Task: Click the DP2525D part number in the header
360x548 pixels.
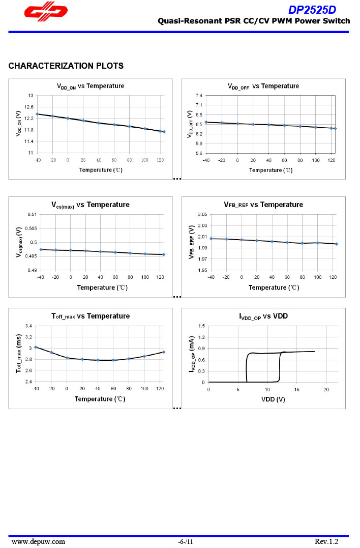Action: point(312,10)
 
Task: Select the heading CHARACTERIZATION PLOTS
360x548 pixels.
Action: point(66,66)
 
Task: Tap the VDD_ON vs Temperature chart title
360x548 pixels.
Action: point(90,86)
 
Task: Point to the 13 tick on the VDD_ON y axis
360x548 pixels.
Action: point(31,96)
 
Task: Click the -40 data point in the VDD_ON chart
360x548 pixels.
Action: point(37,114)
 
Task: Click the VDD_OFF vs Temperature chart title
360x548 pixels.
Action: point(263,86)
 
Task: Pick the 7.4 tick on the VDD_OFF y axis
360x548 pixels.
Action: point(199,96)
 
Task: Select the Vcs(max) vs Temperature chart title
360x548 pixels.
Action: point(91,205)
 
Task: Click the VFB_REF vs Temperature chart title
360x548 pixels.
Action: point(263,205)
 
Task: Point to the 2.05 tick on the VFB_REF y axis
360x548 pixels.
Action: point(202,214)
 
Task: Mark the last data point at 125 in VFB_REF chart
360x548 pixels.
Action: point(337,244)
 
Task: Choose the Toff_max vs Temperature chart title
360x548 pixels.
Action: point(91,316)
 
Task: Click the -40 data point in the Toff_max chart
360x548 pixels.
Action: point(36,347)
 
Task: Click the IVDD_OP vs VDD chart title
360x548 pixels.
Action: point(263,316)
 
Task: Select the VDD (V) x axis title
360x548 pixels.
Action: point(273,399)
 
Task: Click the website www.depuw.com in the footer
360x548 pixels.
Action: point(38,542)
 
